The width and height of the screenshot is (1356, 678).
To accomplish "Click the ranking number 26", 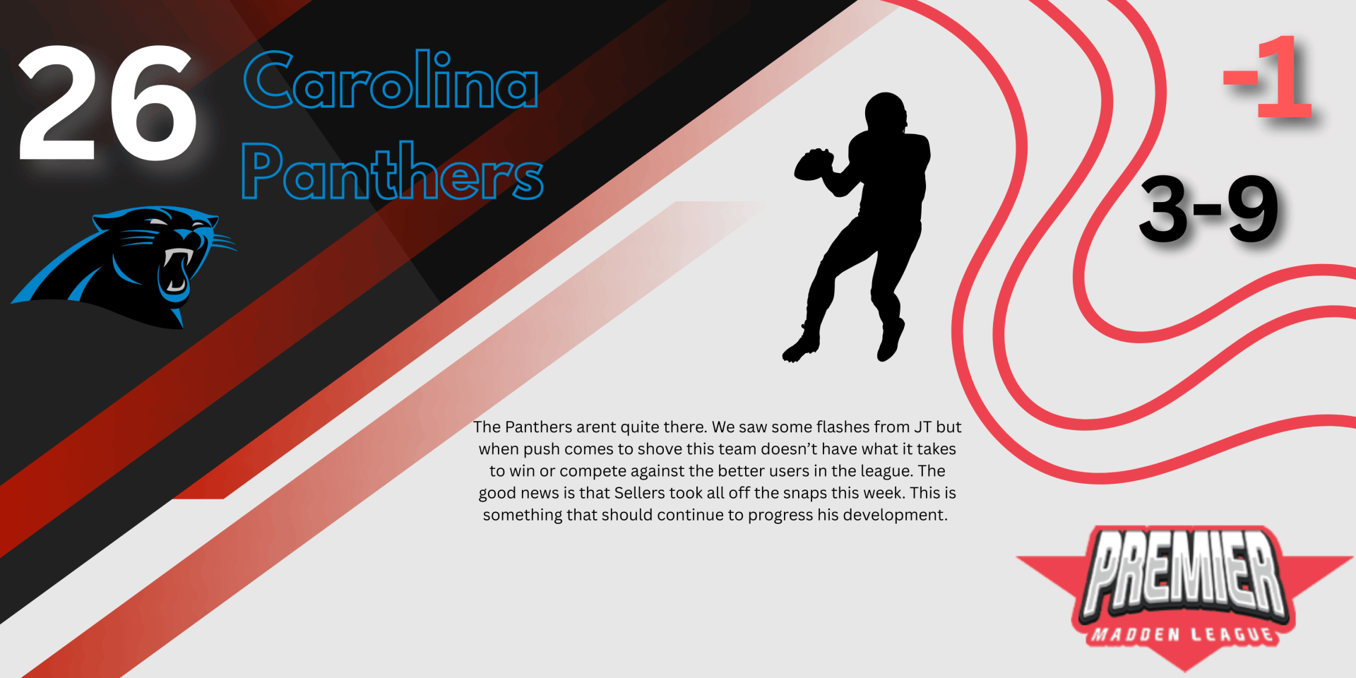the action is tap(107, 103).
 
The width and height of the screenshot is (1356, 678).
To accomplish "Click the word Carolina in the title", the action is tap(391, 80).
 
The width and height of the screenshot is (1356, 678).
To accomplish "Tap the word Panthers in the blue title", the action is tap(393, 170).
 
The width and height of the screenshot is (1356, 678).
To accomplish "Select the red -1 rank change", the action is tap(1268, 77).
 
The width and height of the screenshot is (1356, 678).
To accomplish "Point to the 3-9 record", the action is tap(1209, 208).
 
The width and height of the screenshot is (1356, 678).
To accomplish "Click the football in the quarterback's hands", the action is tap(814, 165).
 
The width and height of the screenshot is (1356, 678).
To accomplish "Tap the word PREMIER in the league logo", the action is tap(1184, 571).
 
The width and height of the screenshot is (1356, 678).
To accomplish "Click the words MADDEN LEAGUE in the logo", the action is tap(1183, 634).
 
